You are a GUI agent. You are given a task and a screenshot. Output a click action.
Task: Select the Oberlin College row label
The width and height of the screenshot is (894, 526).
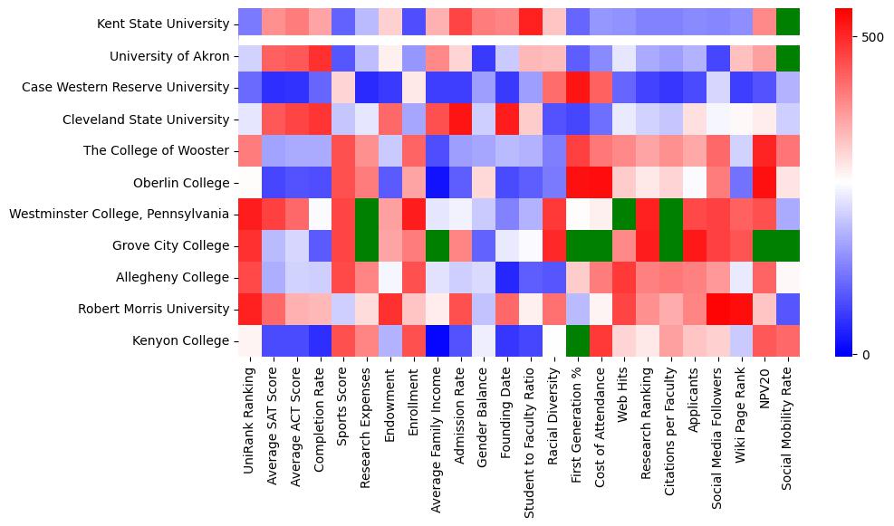(x=178, y=183)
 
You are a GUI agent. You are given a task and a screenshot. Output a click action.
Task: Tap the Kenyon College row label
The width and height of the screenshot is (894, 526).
(x=180, y=341)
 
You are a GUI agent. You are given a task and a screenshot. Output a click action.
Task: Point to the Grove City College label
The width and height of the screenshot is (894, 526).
(x=171, y=246)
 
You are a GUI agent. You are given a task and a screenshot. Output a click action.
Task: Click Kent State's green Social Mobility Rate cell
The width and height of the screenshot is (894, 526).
(x=788, y=20)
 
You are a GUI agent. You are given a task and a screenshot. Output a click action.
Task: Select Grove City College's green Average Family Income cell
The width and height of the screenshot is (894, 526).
(x=437, y=246)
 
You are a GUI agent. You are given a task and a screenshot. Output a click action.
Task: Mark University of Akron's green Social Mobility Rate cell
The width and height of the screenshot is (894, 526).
(x=788, y=56)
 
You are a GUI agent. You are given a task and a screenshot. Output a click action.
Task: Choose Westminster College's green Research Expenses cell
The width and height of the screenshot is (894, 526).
(x=367, y=215)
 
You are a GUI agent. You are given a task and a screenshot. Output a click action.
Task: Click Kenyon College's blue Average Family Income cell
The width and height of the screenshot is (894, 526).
(x=437, y=341)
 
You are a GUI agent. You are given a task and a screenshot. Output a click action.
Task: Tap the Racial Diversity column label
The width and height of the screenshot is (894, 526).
(x=554, y=418)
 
